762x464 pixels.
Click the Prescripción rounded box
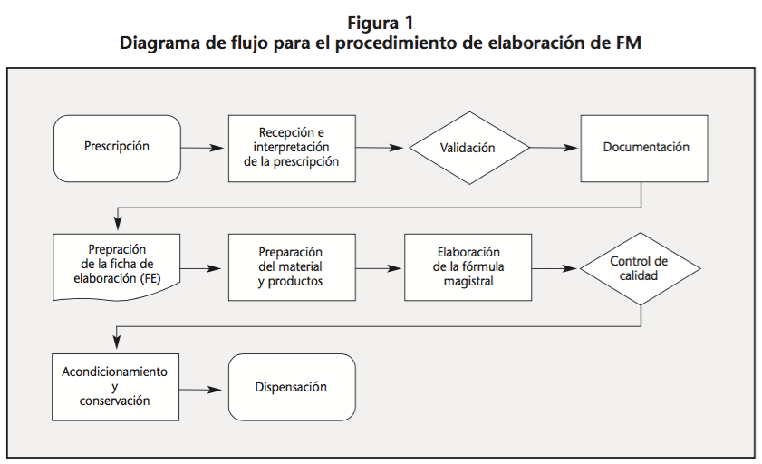pyautogui.click(x=117, y=148)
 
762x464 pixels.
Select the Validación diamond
pyautogui.click(x=467, y=148)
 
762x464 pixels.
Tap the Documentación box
pyautogui.click(x=646, y=148)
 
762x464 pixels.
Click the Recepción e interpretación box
pyautogui.click(x=291, y=148)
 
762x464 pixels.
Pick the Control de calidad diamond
pyautogui.click(x=641, y=269)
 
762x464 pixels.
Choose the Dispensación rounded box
pyautogui.click(x=291, y=388)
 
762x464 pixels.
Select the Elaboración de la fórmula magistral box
pyautogui.click(x=468, y=269)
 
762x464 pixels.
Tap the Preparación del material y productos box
pyautogui.click(x=291, y=269)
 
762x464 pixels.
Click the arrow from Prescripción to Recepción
pyautogui.click(x=203, y=148)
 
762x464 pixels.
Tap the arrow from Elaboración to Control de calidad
pyautogui.click(x=555, y=269)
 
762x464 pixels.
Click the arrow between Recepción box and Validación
pyautogui.click(x=381, y=148)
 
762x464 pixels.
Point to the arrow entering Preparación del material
pyautogui.click(x=203, y=269)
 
